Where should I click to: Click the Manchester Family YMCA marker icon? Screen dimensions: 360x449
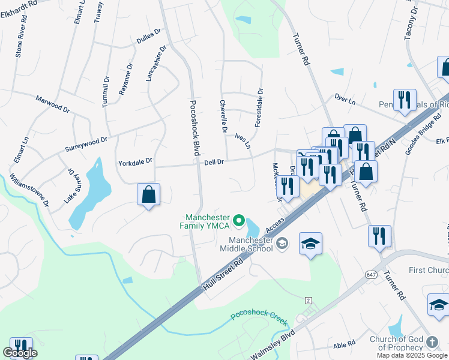click(x=238, y=221)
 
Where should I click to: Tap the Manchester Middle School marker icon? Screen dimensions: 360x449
click(x=283, y=244)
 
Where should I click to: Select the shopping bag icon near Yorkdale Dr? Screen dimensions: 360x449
click(x=148, y=194)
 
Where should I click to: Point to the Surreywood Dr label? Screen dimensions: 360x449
click(x=87, y=143)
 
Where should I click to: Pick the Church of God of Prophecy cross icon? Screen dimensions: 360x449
click(x=432, y=342)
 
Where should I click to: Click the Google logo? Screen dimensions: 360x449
click(x=20, y=353)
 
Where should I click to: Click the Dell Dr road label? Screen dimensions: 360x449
click(x=214, y=161)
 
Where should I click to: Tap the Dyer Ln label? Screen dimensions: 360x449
click(x=345, y=100)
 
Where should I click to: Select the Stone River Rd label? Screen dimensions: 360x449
click(x=19, y=41)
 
